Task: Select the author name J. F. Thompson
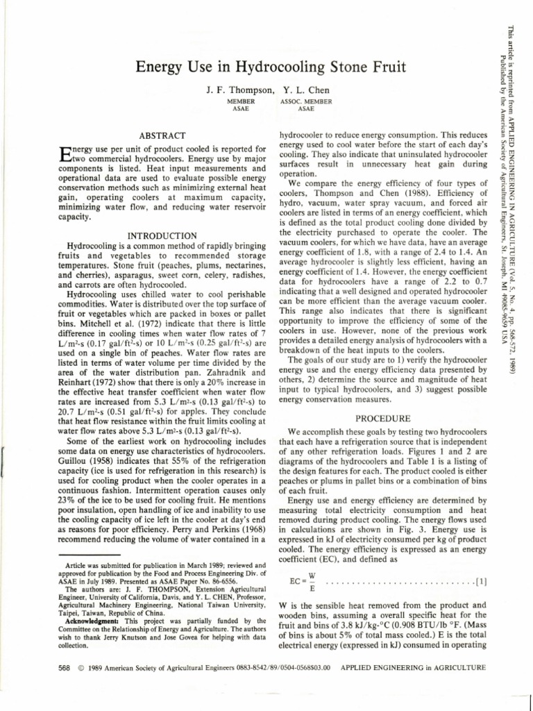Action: pos(239,91)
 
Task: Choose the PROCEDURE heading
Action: pos(382,419)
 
